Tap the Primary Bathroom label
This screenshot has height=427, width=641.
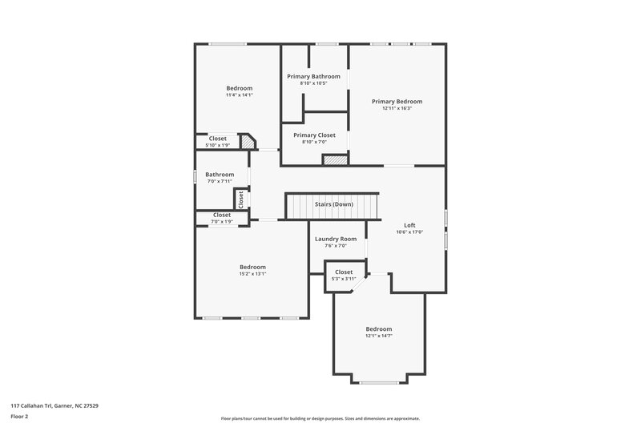tap(313, 76)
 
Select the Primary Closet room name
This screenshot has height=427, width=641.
tap(314, 135)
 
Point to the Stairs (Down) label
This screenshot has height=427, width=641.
tap(333, 204)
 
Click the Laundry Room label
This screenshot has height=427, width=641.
tap(335, 239)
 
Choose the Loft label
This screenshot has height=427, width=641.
tap(409, 225)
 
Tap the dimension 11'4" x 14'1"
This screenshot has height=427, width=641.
tap(239, 95)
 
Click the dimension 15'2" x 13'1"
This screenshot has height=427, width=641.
tap(252, 274)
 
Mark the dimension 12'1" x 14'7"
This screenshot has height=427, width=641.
tap(379, 336)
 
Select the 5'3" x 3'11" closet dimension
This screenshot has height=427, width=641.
tap(344, 279)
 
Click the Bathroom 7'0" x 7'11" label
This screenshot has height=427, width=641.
tap(220, 175)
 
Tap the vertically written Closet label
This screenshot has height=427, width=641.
tap(240, 198)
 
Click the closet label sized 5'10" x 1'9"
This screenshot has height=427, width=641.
tap(217, 139)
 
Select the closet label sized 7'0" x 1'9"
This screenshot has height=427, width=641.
tap(222, 215)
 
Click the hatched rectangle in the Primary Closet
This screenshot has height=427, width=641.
tap(335, 160)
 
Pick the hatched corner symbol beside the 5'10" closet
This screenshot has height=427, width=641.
tap(248, 143)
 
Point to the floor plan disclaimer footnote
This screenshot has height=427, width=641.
tap(320, 418)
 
